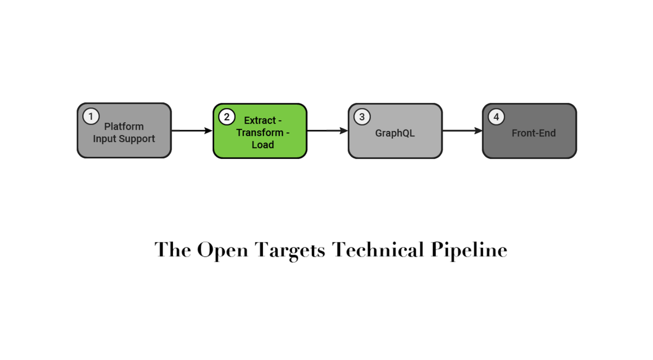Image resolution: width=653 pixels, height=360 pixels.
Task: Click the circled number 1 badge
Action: (91, 116)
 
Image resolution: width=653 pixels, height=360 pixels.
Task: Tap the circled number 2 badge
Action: (226, 117)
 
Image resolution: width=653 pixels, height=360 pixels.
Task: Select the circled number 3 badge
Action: (362, 117)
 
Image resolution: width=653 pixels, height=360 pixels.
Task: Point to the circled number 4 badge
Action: (496, 117)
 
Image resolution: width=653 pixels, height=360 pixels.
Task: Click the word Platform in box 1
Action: (124, 127)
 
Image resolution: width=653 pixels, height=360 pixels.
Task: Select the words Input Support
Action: (124, 139)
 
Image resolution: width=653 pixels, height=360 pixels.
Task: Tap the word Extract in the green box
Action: (260, 120)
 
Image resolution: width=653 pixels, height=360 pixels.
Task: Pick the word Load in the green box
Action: (263, 145)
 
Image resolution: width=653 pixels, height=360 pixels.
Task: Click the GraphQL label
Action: (395, 133)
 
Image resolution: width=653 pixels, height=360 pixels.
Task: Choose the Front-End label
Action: (534, 133)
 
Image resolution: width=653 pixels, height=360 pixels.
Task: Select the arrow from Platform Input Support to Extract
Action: (192, 131)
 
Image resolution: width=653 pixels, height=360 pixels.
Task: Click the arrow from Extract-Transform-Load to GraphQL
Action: (327, 131)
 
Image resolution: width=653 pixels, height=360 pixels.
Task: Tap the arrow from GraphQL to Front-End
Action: (462, 131)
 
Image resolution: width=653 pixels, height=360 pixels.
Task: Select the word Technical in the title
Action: (378, 250)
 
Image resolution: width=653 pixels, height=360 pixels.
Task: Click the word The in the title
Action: (173, 250)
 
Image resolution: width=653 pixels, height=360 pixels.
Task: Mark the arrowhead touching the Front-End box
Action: (479, 131)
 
